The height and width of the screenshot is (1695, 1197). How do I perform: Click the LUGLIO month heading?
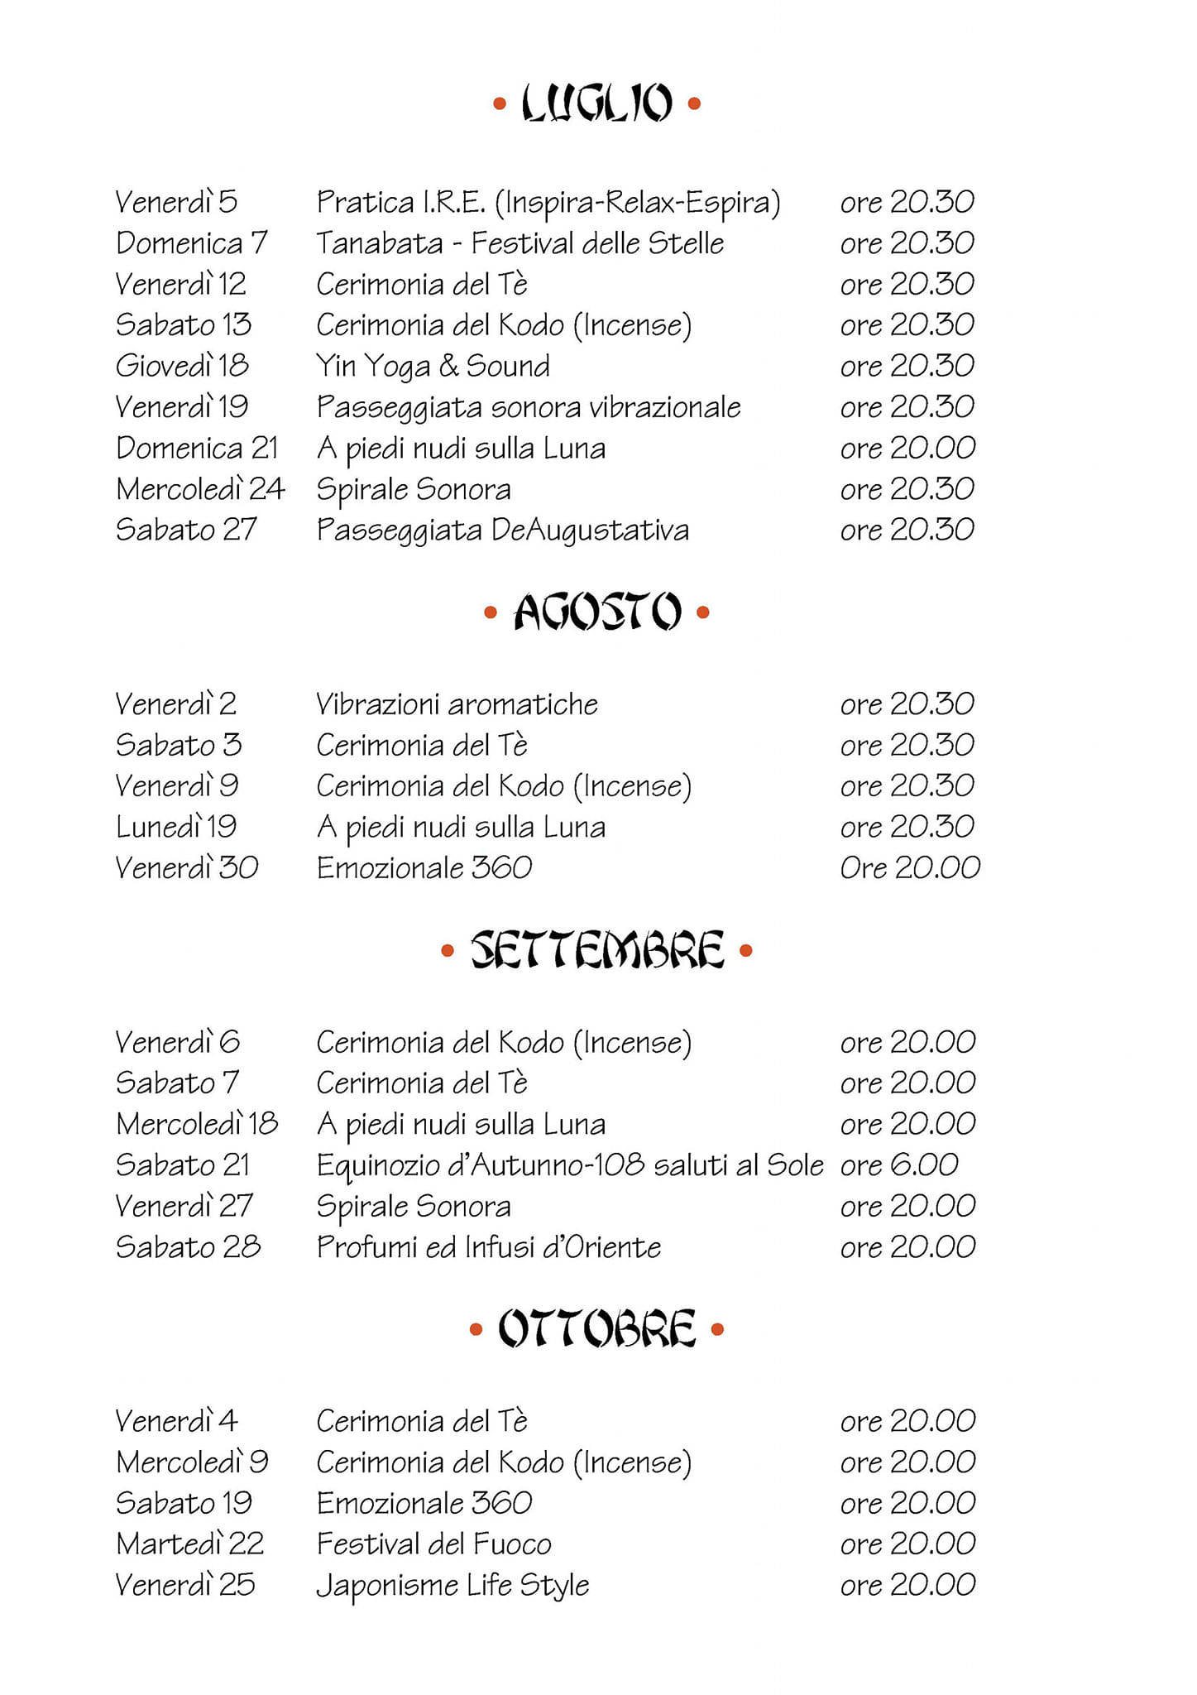point(596,103)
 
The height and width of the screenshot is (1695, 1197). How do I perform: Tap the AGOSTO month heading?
point(597,612)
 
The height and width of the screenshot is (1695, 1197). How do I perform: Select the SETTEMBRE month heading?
point(597,950)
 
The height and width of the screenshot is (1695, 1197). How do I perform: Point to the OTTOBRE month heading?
point(596,1329)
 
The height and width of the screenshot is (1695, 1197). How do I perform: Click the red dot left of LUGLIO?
point(499,104)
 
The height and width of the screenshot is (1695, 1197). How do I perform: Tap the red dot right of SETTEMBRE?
point(745,951)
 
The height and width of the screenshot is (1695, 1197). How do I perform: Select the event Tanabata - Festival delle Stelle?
point(519,243)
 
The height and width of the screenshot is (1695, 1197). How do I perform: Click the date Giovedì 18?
point(182,366)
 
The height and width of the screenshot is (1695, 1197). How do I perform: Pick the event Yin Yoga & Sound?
point(433,366)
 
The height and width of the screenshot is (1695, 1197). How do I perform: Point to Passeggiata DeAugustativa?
point(502,530)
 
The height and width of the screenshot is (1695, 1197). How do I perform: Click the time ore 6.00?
point(899,1165)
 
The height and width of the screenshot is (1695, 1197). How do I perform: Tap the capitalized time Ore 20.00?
point(910,867)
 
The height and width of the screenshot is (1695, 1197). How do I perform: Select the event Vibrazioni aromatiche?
point(457,704)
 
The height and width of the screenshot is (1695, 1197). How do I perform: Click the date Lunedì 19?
point(176,827)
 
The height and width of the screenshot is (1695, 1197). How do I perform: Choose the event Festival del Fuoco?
point(433,1544)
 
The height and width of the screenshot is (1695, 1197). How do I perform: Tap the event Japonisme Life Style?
point(452,1586)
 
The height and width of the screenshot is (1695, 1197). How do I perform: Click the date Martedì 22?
point(190,1544)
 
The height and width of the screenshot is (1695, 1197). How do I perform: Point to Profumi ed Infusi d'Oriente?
point(488,1247)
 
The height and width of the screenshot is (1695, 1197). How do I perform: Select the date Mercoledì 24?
point(200,489)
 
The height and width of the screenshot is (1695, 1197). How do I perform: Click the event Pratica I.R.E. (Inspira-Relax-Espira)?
point(548,202)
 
